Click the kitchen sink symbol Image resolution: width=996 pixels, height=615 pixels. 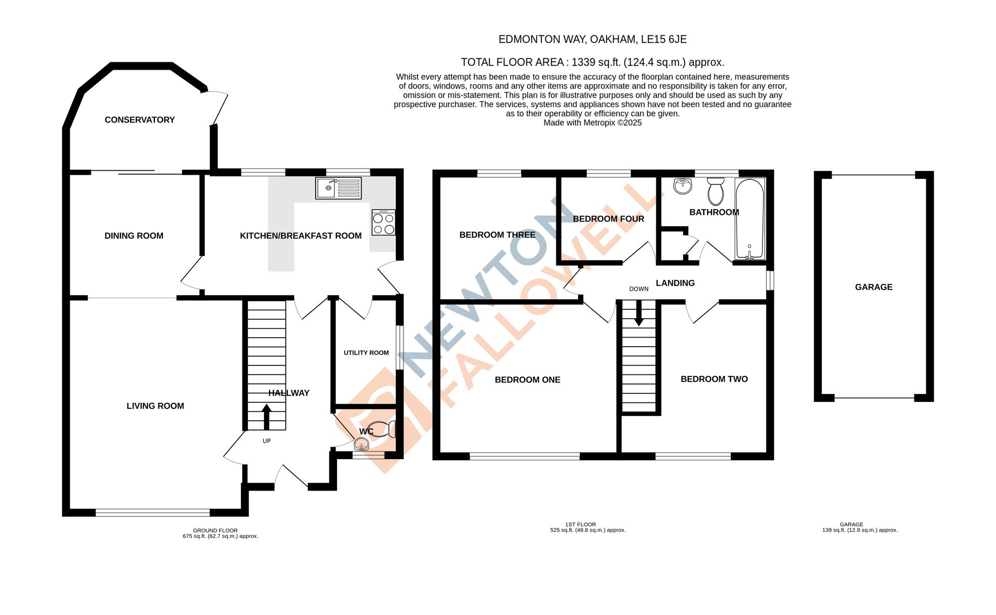click(338, 188)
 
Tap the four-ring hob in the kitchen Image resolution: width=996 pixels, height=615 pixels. click(383, 223)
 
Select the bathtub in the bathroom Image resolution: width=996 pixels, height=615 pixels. click(749, 219)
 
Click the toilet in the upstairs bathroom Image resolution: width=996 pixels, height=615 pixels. click(716, 191)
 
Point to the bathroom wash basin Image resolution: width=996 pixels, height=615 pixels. click(683, 186)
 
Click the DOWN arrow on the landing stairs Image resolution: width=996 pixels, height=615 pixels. click(638, 313)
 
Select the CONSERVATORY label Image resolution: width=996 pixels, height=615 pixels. click(139, 120)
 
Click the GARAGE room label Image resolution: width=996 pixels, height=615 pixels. click(873, 287)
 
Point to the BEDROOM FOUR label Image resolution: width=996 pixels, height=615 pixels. click(608, 219)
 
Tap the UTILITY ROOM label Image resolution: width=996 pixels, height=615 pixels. click(366, 353)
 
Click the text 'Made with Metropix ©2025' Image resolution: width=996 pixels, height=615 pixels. click(592, 123)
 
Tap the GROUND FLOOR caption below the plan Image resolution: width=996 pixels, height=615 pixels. click(215, 530)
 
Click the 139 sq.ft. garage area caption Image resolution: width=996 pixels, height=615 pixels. click(860, 530)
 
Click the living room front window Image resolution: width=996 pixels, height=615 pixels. click(152, 512)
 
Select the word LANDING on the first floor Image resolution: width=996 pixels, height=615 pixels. click(675, 283)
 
